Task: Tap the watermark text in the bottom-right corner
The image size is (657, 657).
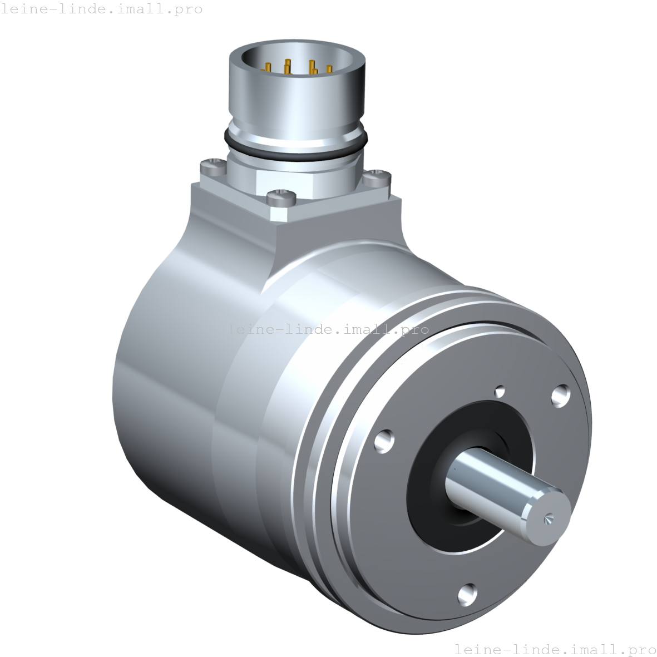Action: [x=555, y=649]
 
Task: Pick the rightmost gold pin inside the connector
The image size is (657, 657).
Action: [x=329, y=70]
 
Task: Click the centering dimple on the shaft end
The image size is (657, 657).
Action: [x=548, y=518]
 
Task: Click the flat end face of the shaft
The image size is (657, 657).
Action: [x=548, y=515]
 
